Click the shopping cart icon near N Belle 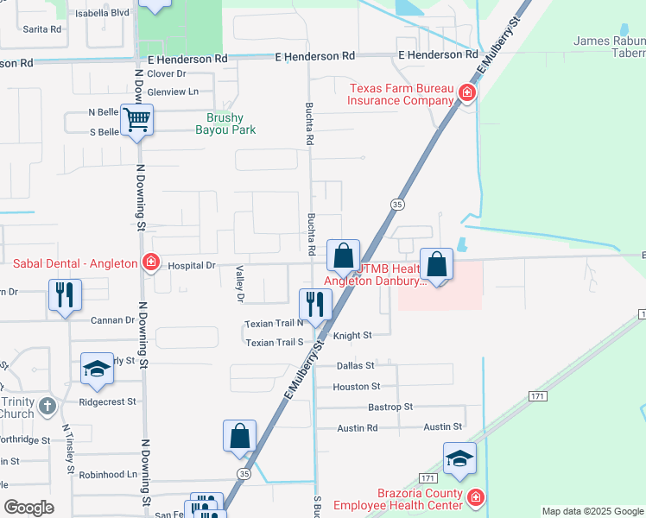(137, 120)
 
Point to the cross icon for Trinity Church (47, 404)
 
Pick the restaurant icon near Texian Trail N (315, 303)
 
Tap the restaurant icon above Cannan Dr (65, 294)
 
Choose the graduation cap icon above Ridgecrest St (97, 369)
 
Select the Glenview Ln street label (173, 92)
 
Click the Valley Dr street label (240, 284)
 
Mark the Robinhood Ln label (107, 475)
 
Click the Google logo (28, 508)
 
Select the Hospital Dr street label (191, 266)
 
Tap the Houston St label (356, 387)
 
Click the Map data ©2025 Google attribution (592, 511)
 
